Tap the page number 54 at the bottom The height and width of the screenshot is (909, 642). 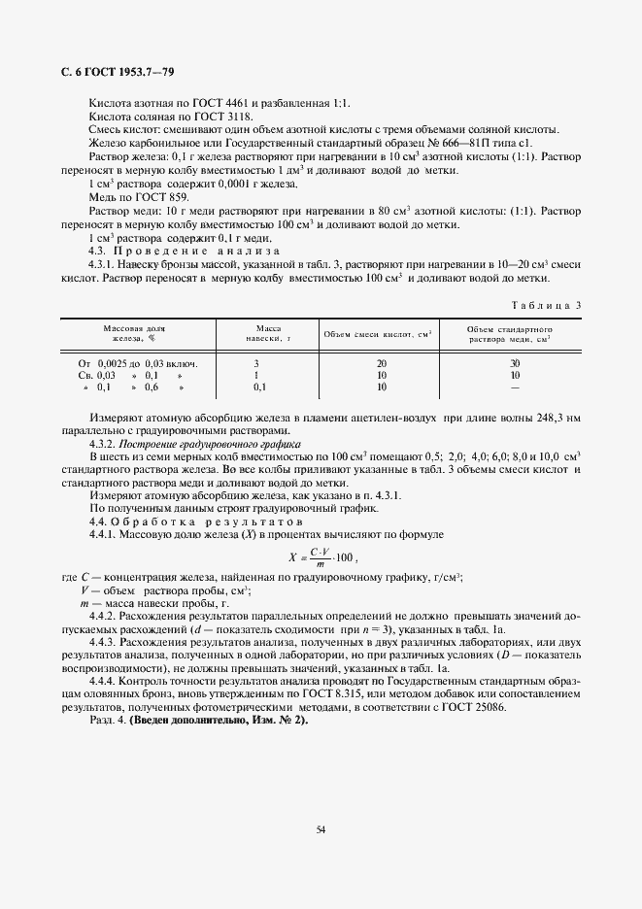tap(320, 828)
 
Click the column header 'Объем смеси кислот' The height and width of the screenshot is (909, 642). tap(378, 334)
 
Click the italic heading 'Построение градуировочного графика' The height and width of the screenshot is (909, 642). tap(198, 443)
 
